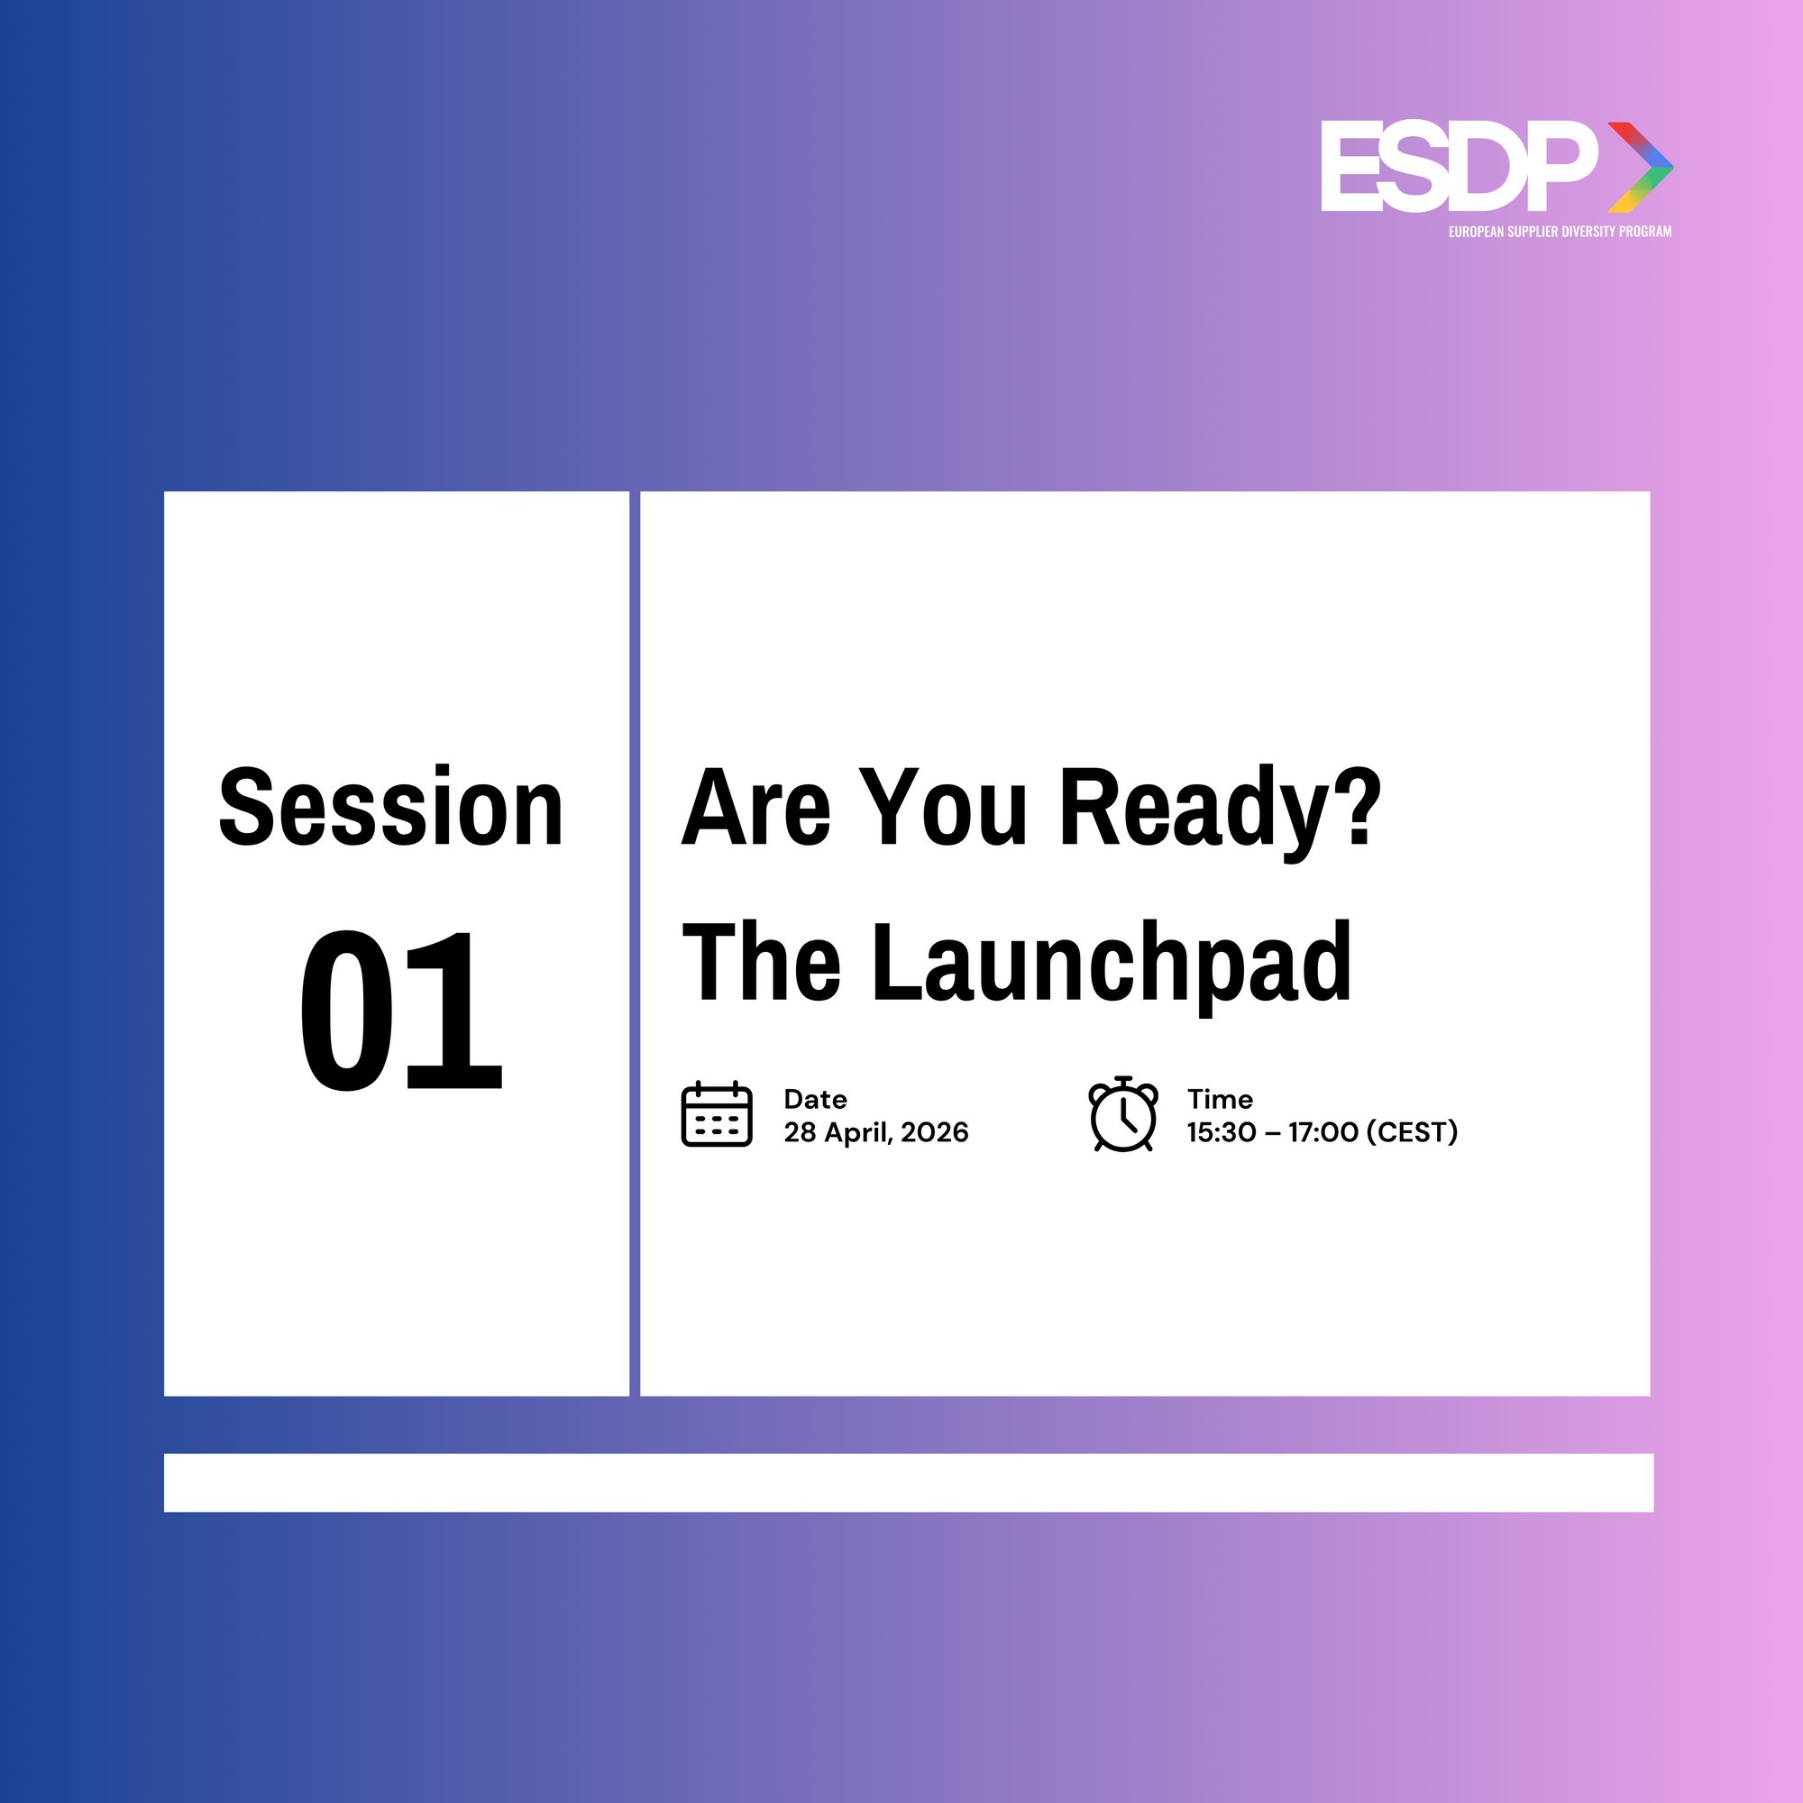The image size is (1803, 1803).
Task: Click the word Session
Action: pyautogui.click(x=391, y=806)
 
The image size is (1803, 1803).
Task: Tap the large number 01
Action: pyautogui.click(x=401, y=1010)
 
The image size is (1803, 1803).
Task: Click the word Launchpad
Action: pyautogui.click(x=1112, y=963)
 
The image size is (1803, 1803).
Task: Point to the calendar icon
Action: pyautogui.click(x=717, y=1113)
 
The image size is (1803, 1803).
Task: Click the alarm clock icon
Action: pyautogui.click(x=1123, y=1113)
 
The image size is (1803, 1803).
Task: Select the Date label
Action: pyautogui.click(x=815, y=1098)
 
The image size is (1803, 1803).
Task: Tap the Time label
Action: pyautogui.click(x=1220, y=1098)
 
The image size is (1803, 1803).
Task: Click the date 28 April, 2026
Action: pyautogui.click(x=876, y=1132)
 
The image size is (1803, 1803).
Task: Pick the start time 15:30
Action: pyautogui.click(x=1222, y=1132)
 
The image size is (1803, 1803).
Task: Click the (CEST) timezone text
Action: pyautogui.click(x=1412, y=1132)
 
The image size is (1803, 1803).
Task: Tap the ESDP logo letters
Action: pyautogui.click(x=1459, y=166)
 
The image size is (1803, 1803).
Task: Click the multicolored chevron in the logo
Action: pyautogui.click(x=1641, y=167)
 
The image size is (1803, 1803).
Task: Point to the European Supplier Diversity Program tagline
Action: pyautogui.click(x=1560, y=232)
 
